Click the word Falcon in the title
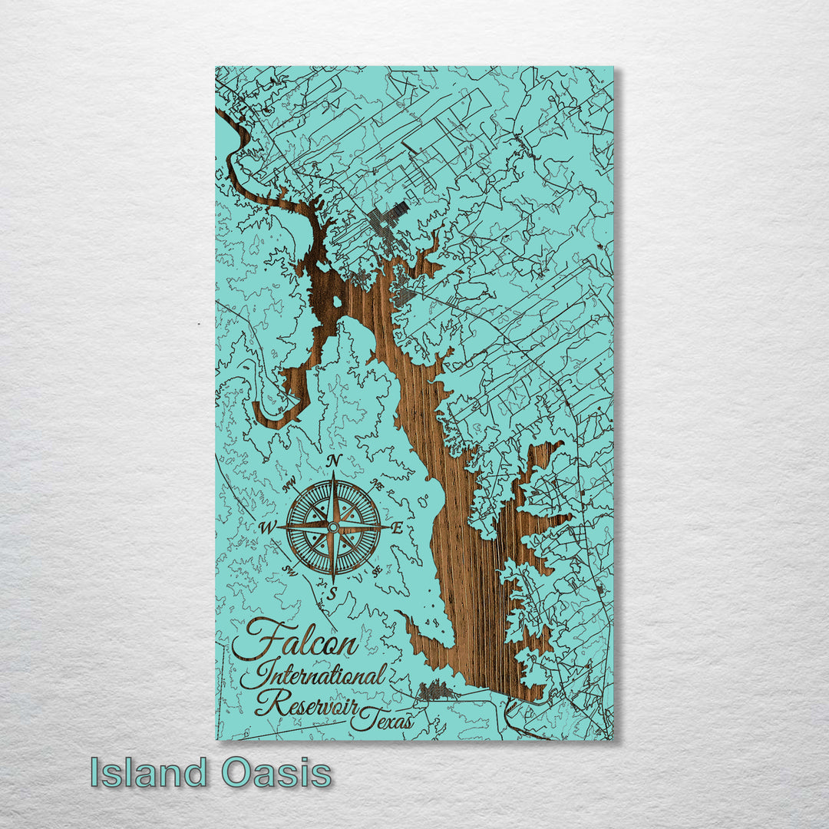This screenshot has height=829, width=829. click(x=296, y=639)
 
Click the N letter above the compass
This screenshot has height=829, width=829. click(x=334, y=461)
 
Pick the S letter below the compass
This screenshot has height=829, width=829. click(x=332, y=593)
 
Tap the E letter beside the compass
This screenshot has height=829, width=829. click(x=398, y=528)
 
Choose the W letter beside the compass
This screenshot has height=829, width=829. click(x=268, y=527)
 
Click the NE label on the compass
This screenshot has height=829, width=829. click(x=375, y=485)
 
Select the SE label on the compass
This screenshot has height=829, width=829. click(x=375, y=570)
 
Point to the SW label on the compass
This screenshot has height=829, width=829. click(x=290, y=570)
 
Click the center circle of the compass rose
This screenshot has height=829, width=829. click(x=332, y=527)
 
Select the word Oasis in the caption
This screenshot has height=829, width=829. click(x=277, y=772)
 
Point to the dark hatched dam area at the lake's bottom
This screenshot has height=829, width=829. click(x=438, y=690)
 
